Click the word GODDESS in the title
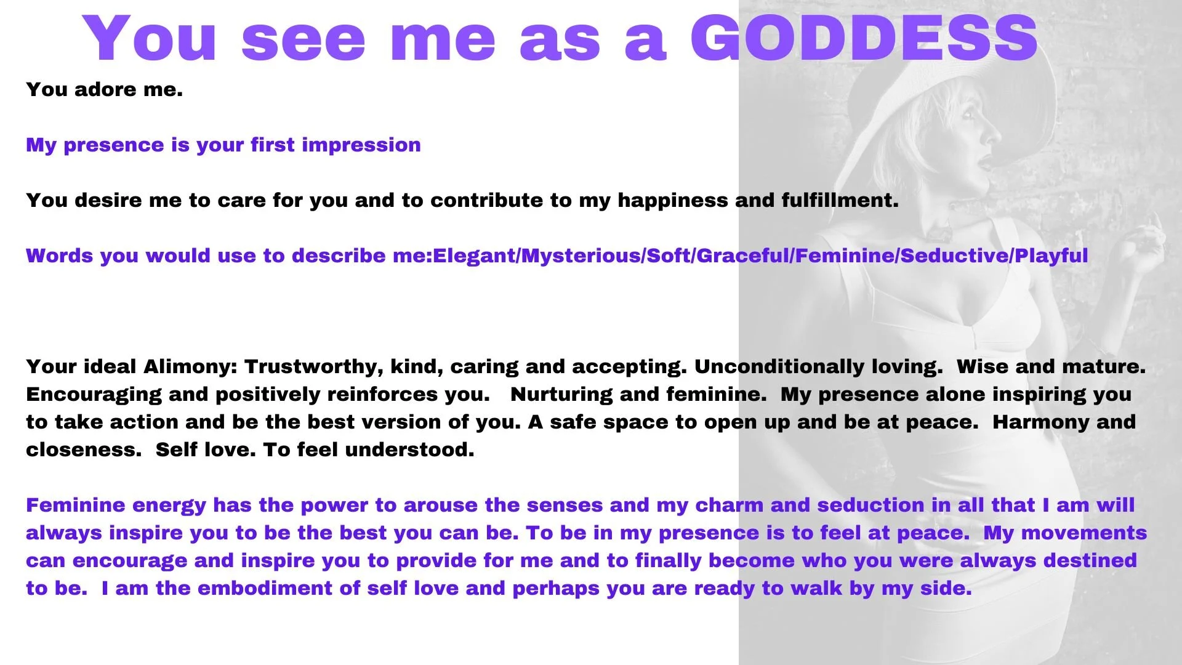864,38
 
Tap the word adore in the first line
105,90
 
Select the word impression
361,146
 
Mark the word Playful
1051,256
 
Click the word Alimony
190,368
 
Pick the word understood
409,450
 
